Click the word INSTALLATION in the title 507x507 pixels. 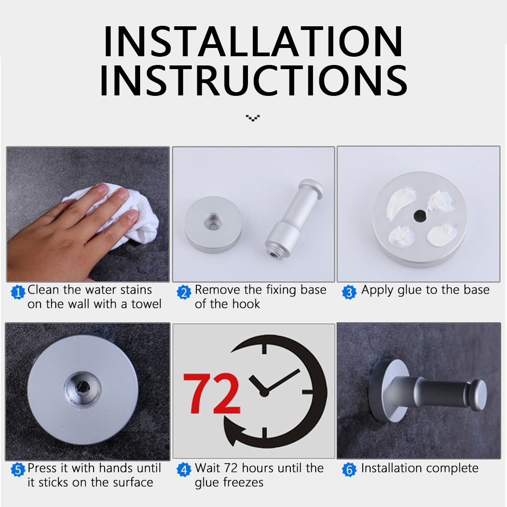(x=253, y=41)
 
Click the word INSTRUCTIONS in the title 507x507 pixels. (x=253, y=80)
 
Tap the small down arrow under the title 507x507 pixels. (x=253, y=118)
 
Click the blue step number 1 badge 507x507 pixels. (x=18, y=292)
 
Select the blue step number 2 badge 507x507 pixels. (x=184, y=292)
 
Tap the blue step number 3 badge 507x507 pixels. (x=349, y=292)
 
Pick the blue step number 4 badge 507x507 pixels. (x=184, y=470)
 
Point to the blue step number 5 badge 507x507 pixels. (x=18, y=470)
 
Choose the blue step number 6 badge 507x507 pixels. (x=349, y=470)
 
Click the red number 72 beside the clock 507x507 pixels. (x=212, y=393)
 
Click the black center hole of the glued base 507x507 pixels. (x=420, y=216)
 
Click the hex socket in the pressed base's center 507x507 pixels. (x=83, y=387)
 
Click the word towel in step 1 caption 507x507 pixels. (x=146, y=304)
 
